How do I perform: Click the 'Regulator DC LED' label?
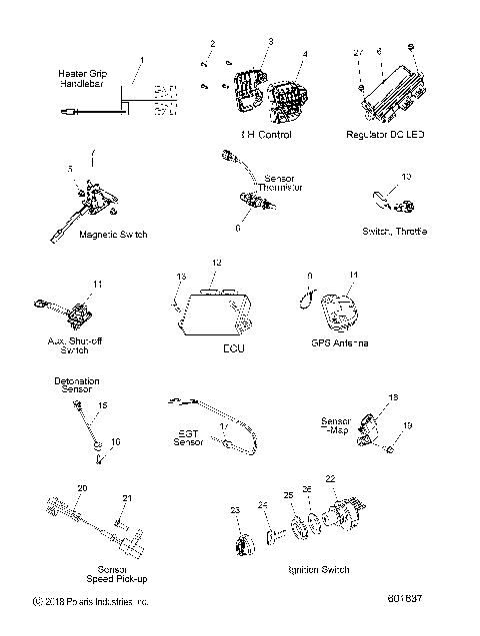coord(385,133)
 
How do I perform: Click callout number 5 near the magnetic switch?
coord(69,170)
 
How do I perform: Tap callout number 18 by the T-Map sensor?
coord(392,397)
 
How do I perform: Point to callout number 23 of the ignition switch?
coord(235,510)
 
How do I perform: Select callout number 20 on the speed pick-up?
coord(82,488)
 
